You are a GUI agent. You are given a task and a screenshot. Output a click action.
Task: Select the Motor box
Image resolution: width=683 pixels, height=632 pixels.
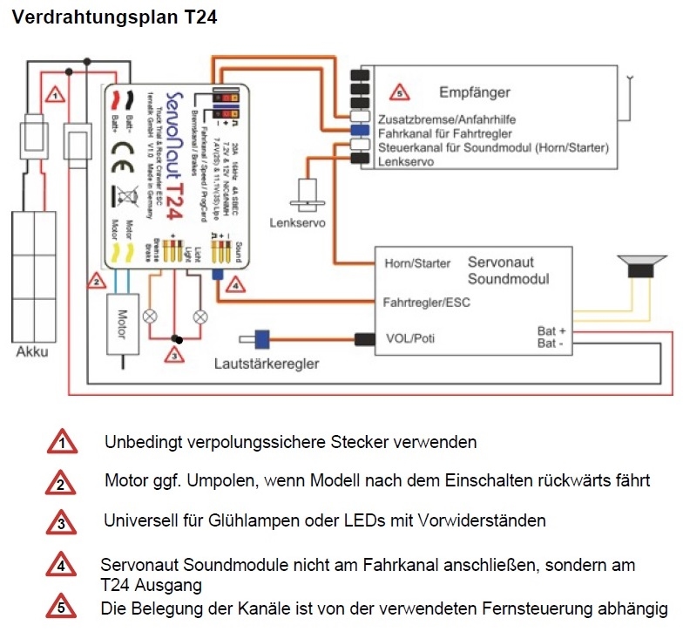pos(122,322)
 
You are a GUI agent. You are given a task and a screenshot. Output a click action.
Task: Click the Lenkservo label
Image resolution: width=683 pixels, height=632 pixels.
pos(298,223)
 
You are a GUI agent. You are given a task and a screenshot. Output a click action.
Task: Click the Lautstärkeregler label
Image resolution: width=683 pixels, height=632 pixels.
pos(267,363)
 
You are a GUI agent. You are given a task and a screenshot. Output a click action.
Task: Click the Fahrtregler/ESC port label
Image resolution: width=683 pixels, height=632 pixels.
pos(426,303)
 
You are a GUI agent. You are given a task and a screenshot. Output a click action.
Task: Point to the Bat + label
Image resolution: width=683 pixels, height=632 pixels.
pos(551,331)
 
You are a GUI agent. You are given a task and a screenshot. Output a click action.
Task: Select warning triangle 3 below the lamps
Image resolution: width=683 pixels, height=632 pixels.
pos(174,354)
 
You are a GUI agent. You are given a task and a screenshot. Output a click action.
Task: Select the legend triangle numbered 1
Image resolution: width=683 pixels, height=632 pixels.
pos(61,442)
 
